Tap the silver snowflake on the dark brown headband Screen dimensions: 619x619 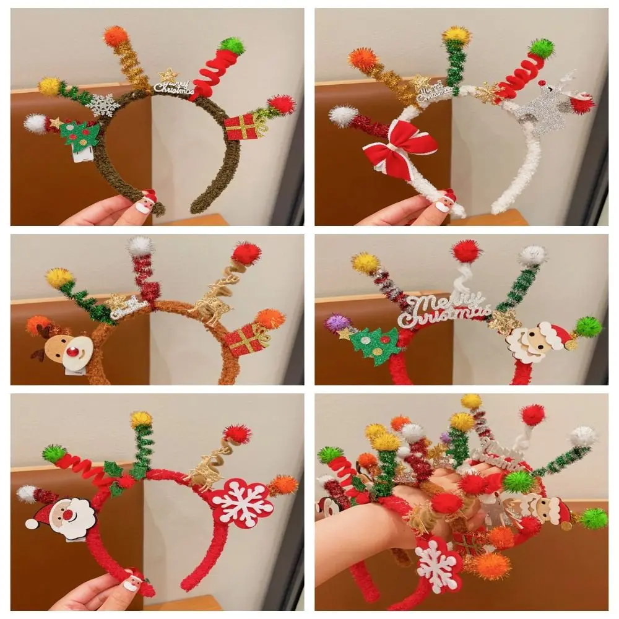[103, 105]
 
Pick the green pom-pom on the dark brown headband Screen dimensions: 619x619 [232, 45]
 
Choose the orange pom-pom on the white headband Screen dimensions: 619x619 [363, 59]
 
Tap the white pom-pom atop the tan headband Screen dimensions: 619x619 [140, 246]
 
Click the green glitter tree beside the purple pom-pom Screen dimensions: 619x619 [375, 344]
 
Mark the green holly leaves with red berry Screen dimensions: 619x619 [118, 478]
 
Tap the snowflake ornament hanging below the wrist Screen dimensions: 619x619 [438, 563]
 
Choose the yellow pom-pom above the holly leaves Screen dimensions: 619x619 [141, 419]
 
